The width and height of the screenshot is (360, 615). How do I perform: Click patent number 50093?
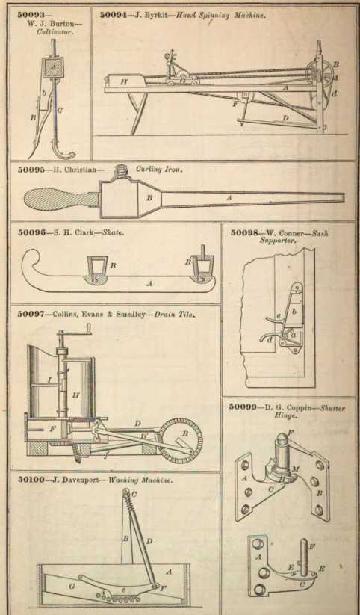pos(29,15)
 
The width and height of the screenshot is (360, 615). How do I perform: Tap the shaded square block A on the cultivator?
pos(54,67)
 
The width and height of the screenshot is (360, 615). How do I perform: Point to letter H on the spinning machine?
pos(124,82)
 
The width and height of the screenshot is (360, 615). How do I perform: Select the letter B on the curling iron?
pos(149,198)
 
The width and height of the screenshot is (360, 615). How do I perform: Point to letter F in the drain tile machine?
pos(52,429)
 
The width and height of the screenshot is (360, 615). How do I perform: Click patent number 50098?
pos(243,232)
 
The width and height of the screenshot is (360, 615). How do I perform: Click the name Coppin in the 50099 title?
pos(300,408)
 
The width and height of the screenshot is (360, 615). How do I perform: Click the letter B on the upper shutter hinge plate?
pos(319,493)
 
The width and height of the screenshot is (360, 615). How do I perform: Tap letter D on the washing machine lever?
pos(149,542)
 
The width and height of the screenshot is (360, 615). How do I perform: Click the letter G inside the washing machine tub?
pos(71,576)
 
